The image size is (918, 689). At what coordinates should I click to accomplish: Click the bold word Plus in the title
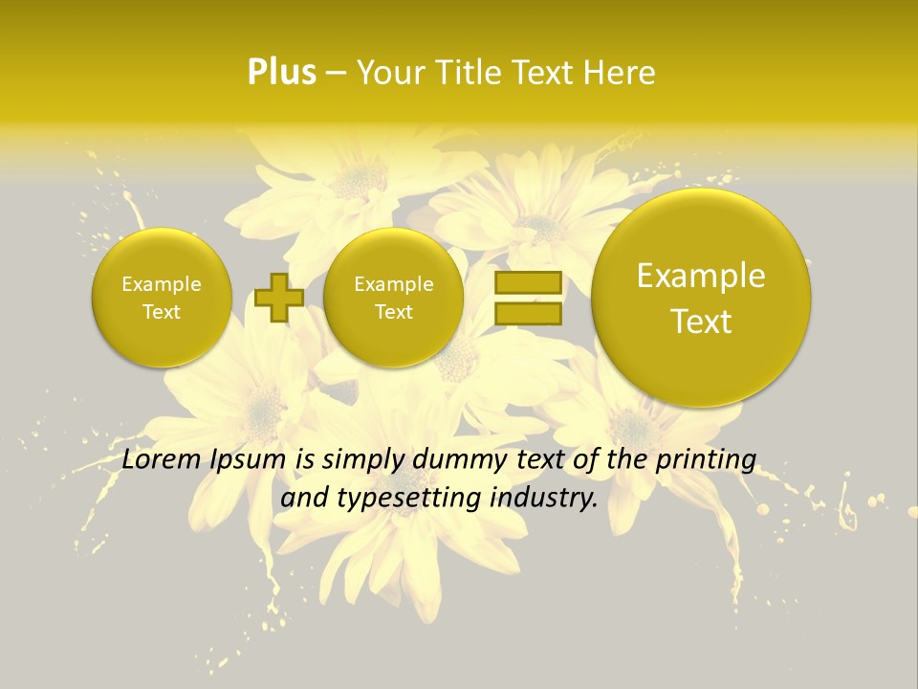[282, 73]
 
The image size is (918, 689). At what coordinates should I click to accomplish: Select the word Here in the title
[622, 73]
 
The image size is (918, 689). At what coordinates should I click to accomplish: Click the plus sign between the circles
[279, 297]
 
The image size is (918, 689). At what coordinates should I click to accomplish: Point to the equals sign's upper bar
[528, 282]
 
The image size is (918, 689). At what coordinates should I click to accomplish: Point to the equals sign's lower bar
[528, 313]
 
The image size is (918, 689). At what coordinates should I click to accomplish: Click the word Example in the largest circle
[701, 277]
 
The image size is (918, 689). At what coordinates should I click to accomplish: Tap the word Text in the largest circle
[701, 322]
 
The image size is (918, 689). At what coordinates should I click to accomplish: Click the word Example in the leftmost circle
[162, 284]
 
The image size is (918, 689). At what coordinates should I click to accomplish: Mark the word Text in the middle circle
[394, 312]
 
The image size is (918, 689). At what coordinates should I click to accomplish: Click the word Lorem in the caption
[162, 460]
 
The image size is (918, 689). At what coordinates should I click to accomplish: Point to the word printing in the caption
[706, 460]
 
